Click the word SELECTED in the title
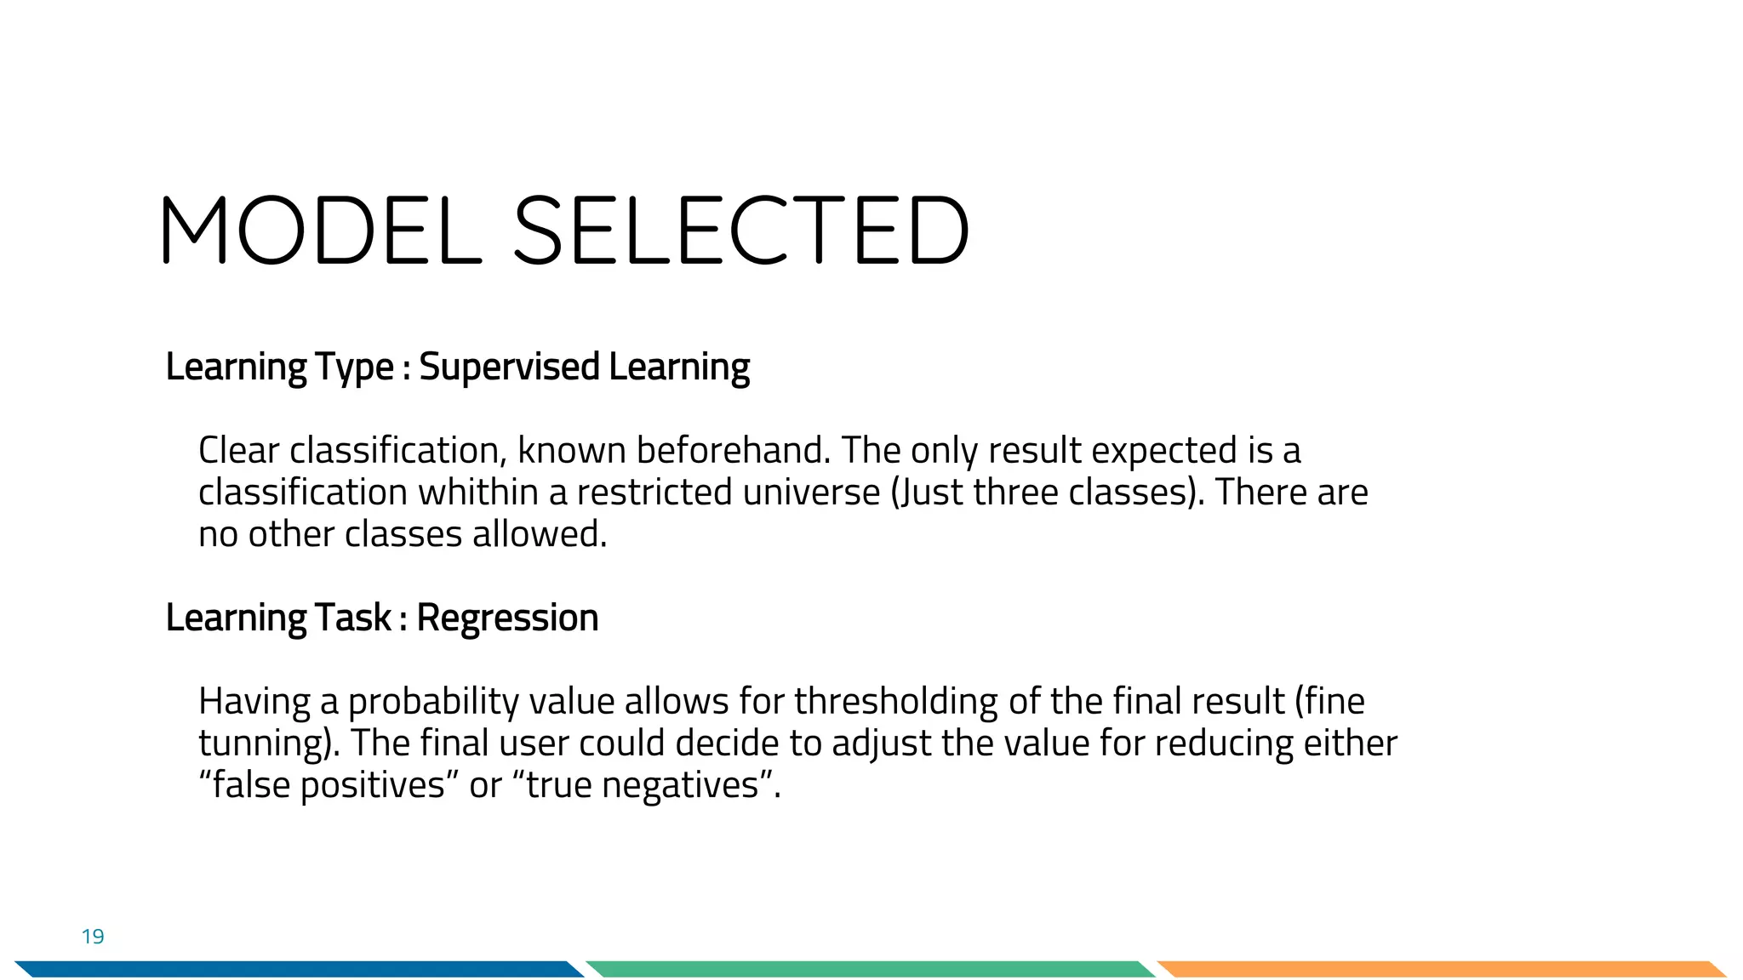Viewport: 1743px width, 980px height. click(740, 231)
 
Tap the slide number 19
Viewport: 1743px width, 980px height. click(93, 937)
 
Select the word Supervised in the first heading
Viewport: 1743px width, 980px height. click(510, 367)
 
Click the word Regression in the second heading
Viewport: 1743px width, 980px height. click(507, 618)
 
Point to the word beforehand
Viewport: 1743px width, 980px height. click(733, 450)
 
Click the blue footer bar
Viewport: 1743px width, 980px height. click(298, 969)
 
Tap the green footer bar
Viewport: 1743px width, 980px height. click(868, 969)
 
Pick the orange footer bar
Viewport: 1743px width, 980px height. click(1438, 969)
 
